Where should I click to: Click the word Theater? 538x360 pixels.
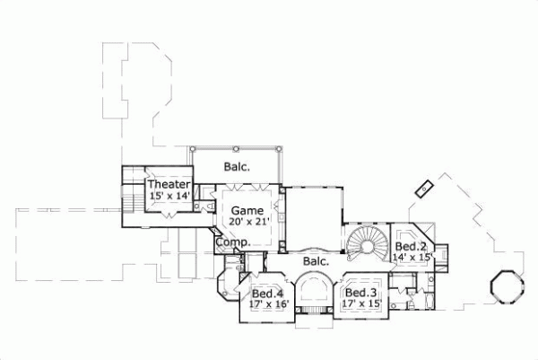tap(169, 184)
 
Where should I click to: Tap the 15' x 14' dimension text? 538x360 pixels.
tap(169, 195)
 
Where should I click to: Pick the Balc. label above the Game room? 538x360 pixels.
tap(237, 166)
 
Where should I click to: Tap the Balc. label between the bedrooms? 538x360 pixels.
tap(315, 261)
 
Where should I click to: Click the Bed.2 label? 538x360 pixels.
tap(411, 246)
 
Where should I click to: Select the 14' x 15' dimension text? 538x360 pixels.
tap(413, 257)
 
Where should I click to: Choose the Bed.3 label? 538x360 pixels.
tap(360, 293)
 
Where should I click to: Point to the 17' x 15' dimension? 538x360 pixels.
tap(360, 303)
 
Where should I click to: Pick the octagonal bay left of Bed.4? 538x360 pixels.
tap(230, 285)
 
